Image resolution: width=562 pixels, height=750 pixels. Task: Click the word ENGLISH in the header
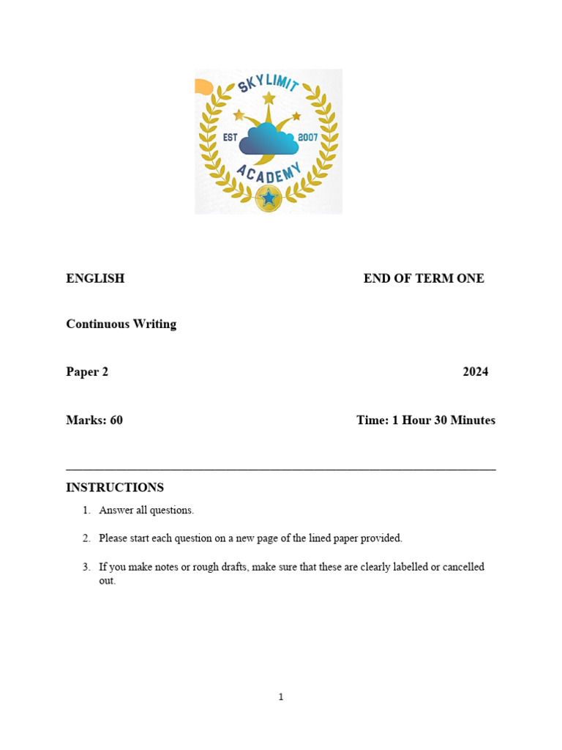coord(95,278)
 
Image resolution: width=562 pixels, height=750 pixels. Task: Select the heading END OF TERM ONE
coord(424,278)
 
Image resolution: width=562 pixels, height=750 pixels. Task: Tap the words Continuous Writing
coord(121,324)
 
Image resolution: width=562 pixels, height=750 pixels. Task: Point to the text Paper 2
coord(87,371)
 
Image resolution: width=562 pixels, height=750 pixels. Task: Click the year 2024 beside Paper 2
coord(475,371)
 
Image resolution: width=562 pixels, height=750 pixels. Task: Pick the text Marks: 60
coord(94,420)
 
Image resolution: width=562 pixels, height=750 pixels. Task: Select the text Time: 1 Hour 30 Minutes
coord(426,420)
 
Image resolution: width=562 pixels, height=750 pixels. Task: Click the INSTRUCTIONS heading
coord(115,488)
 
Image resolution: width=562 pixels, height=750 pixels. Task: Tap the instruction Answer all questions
coord(146,510)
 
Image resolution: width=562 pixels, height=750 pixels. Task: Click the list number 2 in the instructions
coord(86,538)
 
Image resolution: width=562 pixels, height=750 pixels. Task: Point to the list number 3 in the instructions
coord(86,567)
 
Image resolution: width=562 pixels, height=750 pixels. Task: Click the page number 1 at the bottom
coord(281,697)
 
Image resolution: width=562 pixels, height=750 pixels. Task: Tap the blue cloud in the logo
coord(268,139)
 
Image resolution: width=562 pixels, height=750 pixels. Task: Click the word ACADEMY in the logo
coord(269,177)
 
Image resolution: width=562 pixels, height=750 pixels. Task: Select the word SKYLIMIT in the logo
coord(268,87)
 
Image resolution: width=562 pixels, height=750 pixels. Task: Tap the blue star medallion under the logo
coord(269,198)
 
